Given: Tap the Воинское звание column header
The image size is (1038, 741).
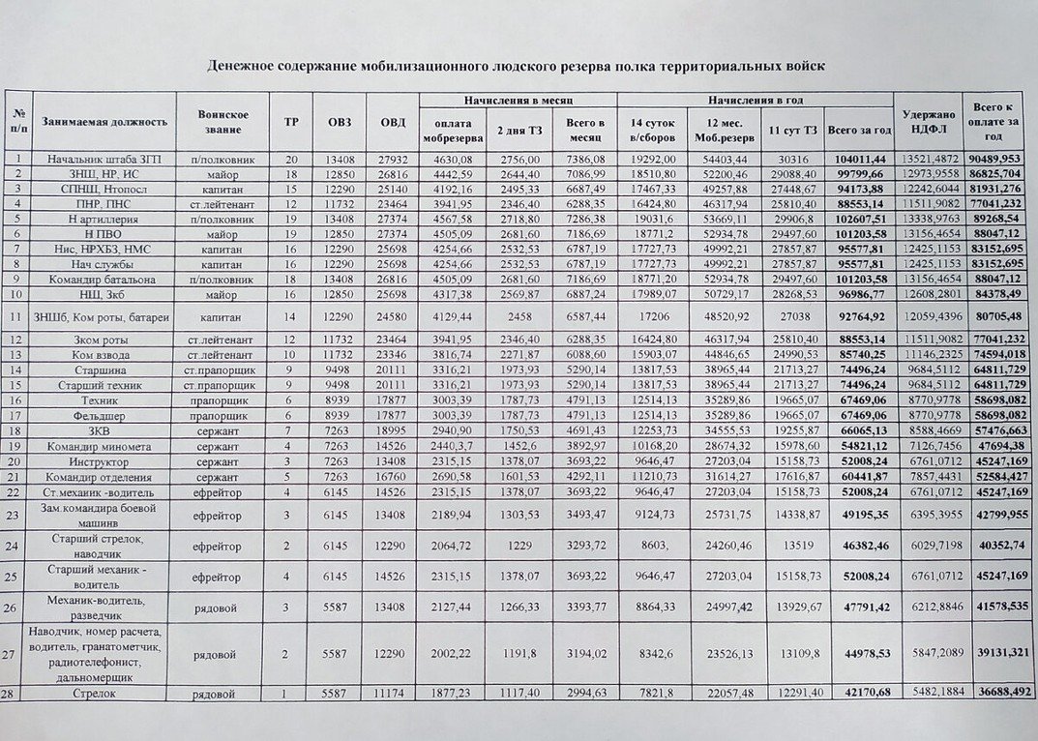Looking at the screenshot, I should (223, 122).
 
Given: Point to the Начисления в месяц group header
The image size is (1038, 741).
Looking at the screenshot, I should (518, 100).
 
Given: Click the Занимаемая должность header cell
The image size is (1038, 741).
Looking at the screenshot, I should (104, 122).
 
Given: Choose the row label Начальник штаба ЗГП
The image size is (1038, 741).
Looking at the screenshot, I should (104, 158).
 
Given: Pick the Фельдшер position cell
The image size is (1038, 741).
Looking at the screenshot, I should (104, 414).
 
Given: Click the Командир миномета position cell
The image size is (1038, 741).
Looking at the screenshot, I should (104, 447).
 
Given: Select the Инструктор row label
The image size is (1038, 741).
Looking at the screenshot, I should (104, 462).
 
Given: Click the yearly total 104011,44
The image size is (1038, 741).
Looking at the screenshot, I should (857, 158).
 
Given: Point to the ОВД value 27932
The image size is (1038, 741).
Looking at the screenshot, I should (393, 158).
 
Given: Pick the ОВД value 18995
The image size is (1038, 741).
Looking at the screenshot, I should (393, 430).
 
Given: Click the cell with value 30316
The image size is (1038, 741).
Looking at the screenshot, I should (790, 158).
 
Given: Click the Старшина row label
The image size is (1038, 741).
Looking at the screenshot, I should (104, 369).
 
